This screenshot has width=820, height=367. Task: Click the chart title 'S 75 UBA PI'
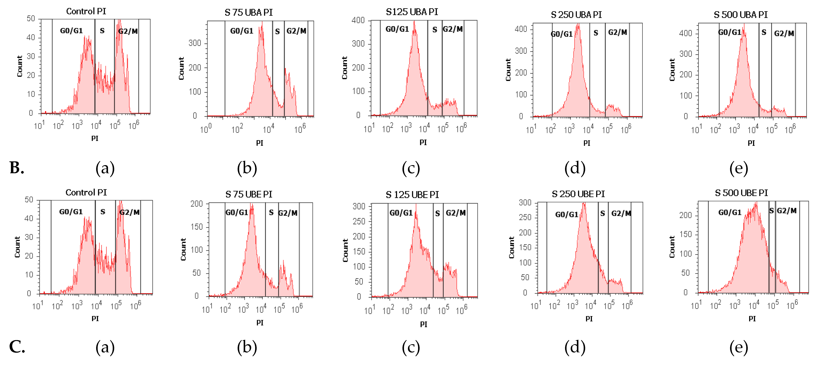tap(249, 12)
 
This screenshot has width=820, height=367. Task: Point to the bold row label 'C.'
tap(17, 347)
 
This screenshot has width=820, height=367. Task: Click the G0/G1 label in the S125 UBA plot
tap(397, 29)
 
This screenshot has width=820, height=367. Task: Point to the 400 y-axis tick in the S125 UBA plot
tap(358, 20)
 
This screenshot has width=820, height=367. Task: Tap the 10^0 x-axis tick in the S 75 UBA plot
tap(206, 129)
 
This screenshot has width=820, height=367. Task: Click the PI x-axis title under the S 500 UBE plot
tap(752, 319)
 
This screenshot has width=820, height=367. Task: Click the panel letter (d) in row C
tap(575, 347)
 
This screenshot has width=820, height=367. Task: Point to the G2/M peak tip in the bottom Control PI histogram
tap(120, 201)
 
